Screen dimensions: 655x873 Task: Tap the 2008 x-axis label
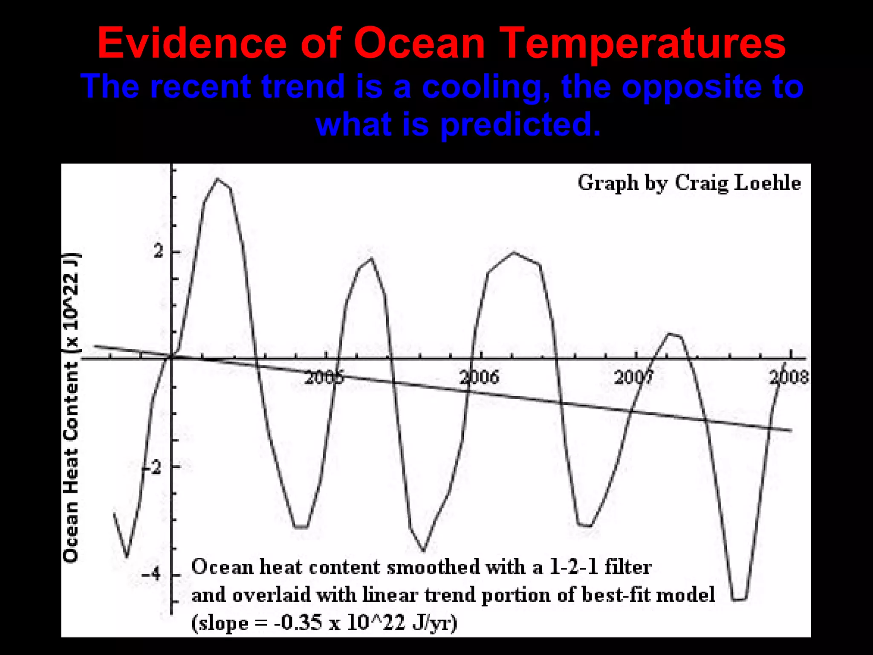click(789, 377)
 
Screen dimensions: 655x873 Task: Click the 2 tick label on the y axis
click(158, 252)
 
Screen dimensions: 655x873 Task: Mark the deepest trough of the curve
click(739, 600)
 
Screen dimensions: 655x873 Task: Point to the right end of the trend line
click(791, 430)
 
